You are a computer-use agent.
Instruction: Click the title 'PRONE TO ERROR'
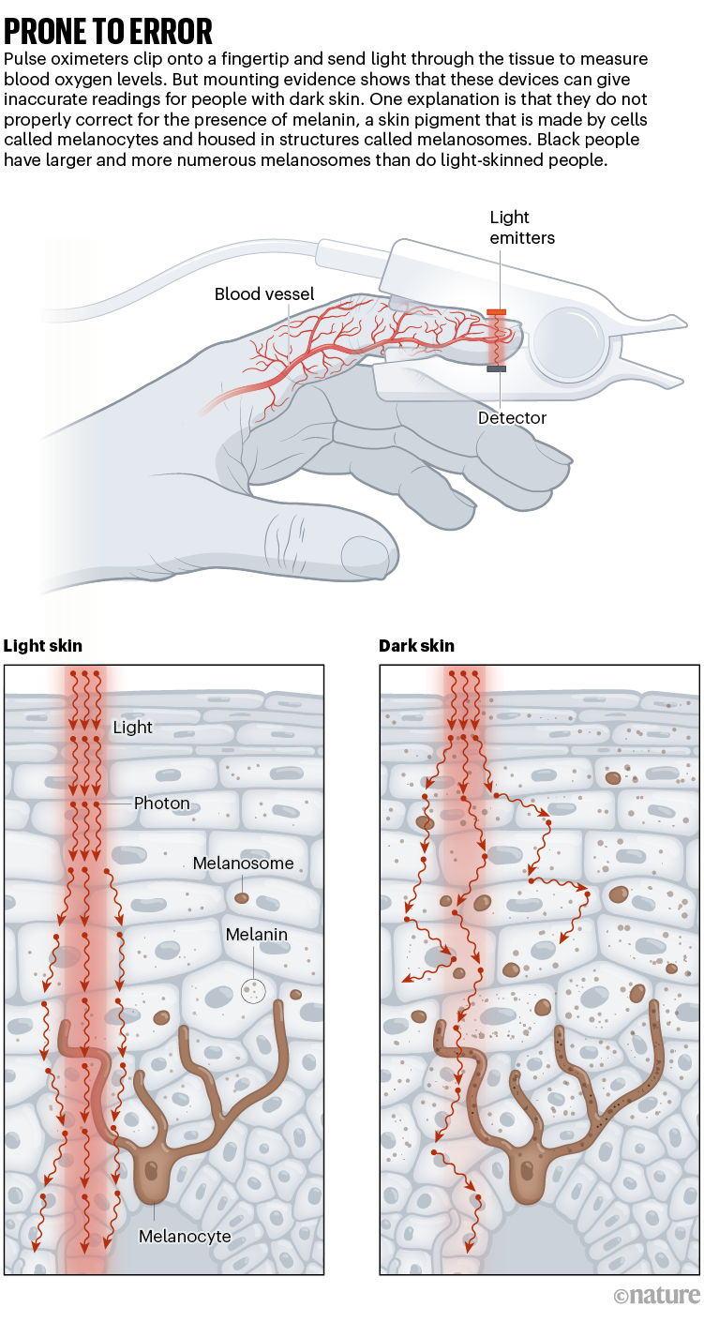point(108,32)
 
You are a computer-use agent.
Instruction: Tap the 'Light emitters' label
point(522,228)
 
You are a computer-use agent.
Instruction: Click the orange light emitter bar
point(497,311)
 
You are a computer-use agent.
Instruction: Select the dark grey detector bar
point(497,368)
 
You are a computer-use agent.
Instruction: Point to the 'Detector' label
point(512,417)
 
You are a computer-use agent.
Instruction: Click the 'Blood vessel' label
point(264,294)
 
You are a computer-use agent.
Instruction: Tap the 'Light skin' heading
point(43,646)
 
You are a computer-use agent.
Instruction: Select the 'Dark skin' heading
point(416,646)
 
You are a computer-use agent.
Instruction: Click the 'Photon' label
point(161,804)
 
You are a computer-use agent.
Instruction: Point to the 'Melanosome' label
point(243,864)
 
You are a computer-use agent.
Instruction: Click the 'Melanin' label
point(256,935)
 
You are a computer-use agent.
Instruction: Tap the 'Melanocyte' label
point(185,1237)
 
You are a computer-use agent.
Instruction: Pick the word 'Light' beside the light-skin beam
point(132,727)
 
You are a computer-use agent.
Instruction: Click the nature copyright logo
point(656,1295)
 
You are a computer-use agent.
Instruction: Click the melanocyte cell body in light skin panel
point(153,1174)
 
